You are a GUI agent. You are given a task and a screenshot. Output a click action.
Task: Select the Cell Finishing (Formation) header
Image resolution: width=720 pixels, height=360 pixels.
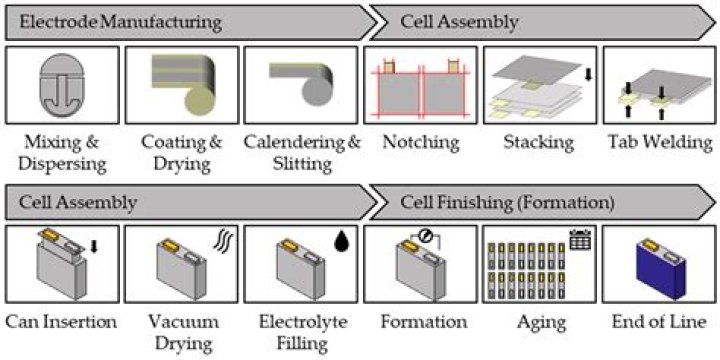[507, 203]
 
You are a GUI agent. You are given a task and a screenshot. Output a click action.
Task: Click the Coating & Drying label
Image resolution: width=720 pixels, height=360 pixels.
[181, 153]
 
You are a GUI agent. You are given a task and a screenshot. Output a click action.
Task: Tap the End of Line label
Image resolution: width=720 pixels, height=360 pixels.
[660, 322]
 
